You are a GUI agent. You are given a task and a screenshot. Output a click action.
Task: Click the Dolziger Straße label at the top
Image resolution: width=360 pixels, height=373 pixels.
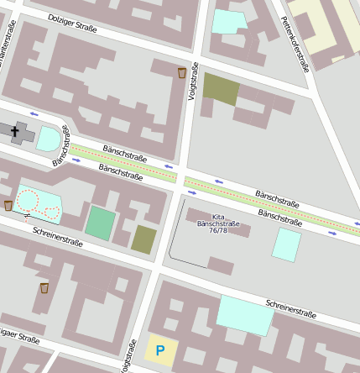[72, 24]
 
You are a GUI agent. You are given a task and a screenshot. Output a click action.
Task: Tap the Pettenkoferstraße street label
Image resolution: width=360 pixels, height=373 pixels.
[295, 44]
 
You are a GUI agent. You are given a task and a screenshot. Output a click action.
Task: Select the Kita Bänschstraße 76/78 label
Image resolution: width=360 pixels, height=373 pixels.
[218, 223]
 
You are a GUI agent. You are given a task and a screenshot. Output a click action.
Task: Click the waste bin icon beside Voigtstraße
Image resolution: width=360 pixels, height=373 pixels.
[182, 73]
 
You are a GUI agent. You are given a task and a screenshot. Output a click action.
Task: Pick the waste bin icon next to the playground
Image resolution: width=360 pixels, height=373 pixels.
[8, 205]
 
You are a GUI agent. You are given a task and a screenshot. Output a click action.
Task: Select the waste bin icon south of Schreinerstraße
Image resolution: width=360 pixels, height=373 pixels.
[44, 288]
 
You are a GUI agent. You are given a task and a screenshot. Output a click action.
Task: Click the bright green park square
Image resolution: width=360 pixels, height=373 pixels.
[100, 223]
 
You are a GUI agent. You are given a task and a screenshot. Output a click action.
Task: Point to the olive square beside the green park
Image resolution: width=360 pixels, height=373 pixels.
[143, 239]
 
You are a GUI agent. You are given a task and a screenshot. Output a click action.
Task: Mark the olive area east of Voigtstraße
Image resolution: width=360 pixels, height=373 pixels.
[221, 89]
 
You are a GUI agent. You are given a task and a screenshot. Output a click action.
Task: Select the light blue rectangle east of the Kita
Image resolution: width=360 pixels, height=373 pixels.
[286, 244]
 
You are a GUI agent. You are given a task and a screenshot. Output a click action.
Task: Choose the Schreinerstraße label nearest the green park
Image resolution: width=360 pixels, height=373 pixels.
[59, 240]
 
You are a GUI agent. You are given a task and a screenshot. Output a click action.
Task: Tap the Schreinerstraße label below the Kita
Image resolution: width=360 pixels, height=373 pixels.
[290, 308]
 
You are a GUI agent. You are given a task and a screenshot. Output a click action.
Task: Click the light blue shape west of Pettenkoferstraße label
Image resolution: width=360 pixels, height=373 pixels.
[229, 21]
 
